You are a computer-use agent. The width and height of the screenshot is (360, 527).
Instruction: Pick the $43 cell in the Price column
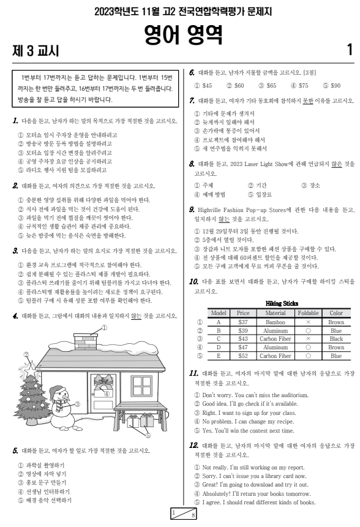pos(243,338)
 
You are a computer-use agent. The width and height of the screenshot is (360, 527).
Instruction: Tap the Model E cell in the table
pos(218,355)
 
